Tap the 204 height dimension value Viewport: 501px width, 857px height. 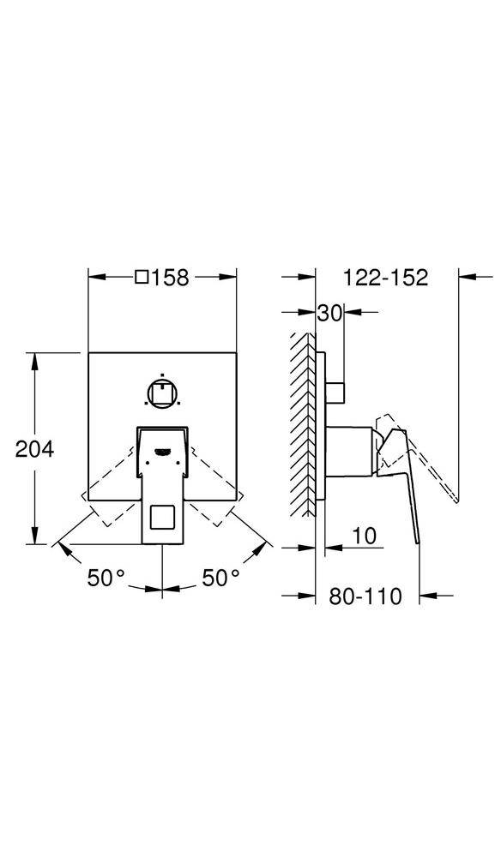[x=35, y=448]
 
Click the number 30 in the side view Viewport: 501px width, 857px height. [x=329, y=314]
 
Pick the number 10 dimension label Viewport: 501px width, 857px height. [x=365, y=536]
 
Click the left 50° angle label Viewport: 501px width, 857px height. [x=106, y=578]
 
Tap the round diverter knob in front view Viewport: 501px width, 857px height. [x=162, y=393]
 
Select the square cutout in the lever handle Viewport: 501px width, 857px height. [x=162, y=518]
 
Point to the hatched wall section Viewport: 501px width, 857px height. [x=300, y=424]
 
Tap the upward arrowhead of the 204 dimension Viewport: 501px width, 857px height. [x=35, y=360]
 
